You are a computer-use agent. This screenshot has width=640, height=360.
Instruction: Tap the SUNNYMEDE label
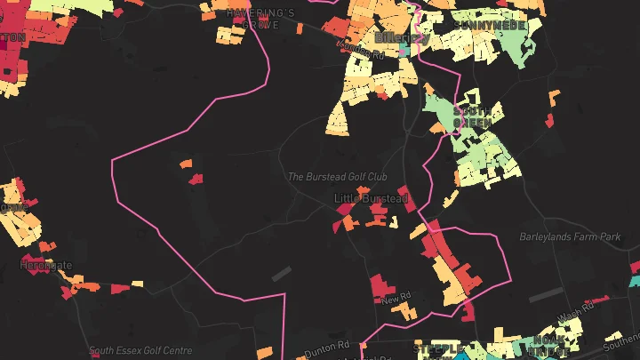pyautogui.click(x=489, y=26)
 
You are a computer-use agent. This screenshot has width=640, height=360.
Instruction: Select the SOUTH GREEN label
pyautogui.click(x=470, y=118)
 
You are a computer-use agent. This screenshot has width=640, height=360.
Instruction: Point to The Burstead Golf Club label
pyautogui.click(x=338, y=177)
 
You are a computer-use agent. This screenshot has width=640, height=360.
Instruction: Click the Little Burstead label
pyautogui.click(x=371, y=198)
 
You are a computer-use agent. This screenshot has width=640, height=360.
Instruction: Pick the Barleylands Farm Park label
pyautogui.click(x=570, y=237)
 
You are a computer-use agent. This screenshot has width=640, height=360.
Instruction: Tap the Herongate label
pyautogui.click(x=45, y=265)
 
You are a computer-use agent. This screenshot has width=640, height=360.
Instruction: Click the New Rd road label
pyautogui.click(x=393, y=299)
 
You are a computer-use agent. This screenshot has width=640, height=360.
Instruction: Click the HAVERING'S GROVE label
pyautogui.click(x=260, y=19)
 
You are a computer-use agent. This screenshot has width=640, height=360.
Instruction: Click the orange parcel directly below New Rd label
pyautogui.click(x=403, y=312)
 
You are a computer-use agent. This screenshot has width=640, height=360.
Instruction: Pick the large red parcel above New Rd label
pyautogui.click(x=380, y=285)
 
